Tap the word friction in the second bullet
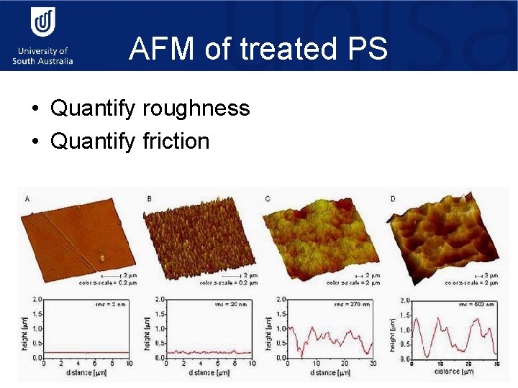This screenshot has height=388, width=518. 175,141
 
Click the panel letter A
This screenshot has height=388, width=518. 27,199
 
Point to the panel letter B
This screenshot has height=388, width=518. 149,199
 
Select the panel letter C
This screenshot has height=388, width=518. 268,199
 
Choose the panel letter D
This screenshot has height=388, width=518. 392,199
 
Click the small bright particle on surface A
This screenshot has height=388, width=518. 102,257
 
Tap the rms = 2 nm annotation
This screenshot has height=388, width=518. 111,305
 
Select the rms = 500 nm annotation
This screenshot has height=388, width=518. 476,305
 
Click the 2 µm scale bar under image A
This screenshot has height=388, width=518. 112,275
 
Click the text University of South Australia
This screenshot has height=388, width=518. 42,56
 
